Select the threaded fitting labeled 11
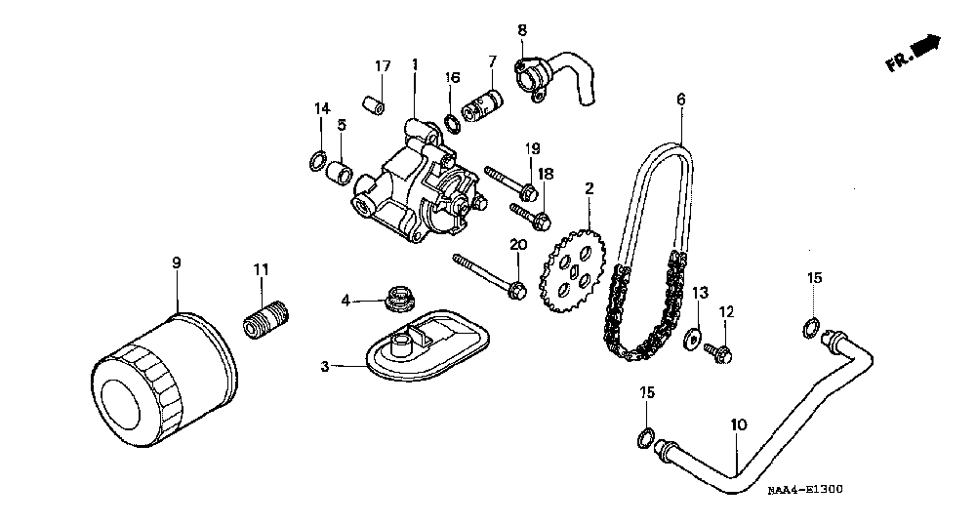(265, 319)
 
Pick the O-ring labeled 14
(317, 159)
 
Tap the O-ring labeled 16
(454, 123)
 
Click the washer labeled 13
(694, 337)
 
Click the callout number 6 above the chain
(680, 99)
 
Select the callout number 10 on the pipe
(739, 425)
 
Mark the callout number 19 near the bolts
(532, 148)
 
